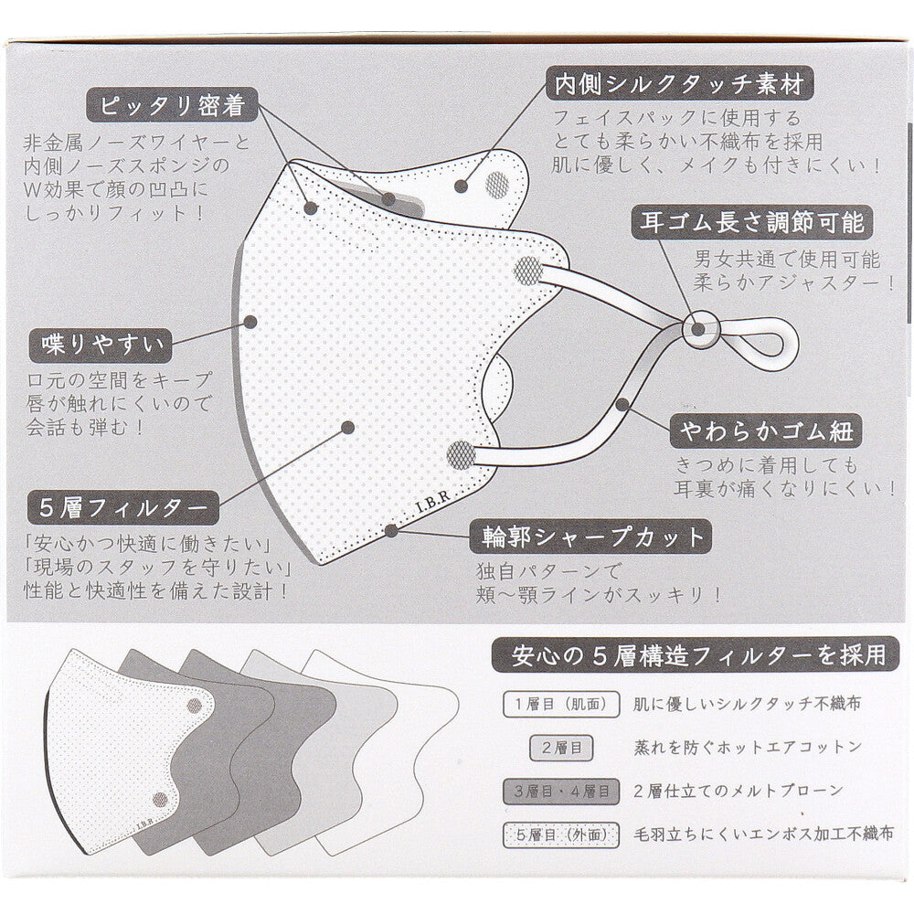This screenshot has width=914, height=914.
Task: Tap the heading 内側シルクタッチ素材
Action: pos(678,85)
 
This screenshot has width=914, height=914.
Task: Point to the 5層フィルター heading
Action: pos(122,506)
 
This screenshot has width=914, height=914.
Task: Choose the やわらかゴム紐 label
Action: pos(766,429)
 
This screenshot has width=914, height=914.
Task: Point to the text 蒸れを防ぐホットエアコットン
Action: pos(747,747)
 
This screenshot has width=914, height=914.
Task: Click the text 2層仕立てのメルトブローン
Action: pos(738,790)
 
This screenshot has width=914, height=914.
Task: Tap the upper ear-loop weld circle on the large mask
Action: pos(528,270)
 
